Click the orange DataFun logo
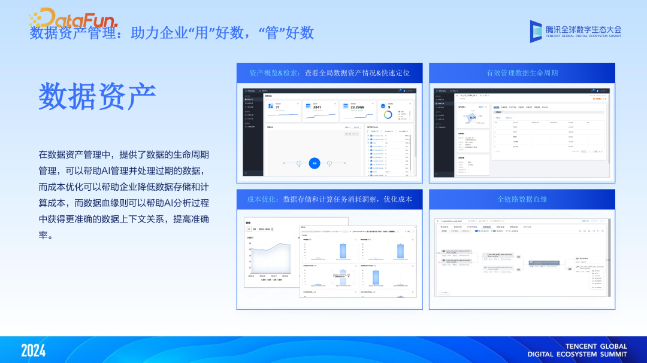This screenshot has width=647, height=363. click(x=72, y=17)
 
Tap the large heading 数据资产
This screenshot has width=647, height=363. click(x=97, y=96)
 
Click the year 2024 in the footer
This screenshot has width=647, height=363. click(x=34, y=350)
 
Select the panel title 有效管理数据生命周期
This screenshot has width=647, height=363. click(x=522, y=73)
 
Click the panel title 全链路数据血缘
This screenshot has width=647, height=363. click(x=522, y=199)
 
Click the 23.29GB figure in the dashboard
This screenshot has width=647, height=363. click(x=353, y=108)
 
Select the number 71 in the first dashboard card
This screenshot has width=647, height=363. click(x=277, y=108)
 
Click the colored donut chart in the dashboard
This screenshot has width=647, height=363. click(x=388, y=114)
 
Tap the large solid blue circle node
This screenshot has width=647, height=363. click(x=315, y=163)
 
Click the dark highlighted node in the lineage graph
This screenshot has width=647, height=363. click(x=546, y=263)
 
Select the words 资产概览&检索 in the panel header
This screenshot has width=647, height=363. click(x=274, y=73)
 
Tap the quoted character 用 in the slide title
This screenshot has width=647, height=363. click(x=200, y=32)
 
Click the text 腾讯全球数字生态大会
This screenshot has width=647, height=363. click(x=583, y=28)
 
